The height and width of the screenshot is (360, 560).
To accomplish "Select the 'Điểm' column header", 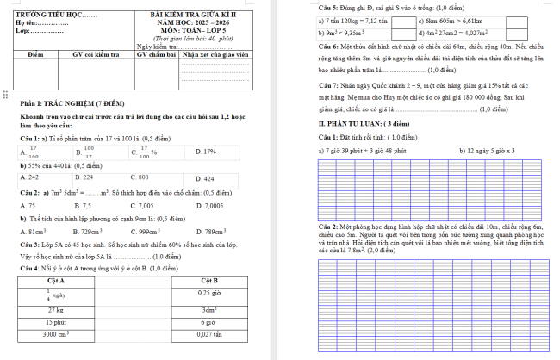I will pyautogui.click(x=35, y=53).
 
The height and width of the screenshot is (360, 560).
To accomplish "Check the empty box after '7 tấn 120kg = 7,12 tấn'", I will pyautogui.click(x=406, y=19).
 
